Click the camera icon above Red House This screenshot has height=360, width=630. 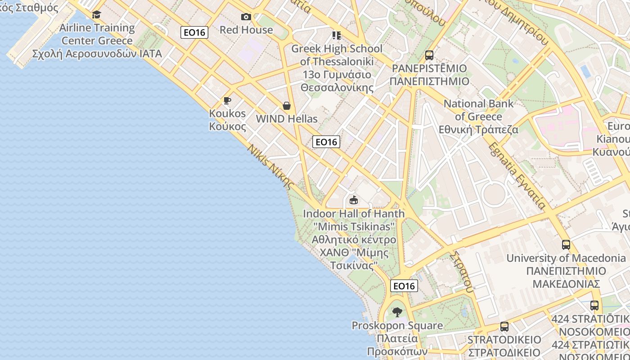(x=246, y=17)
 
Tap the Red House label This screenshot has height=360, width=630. (x=246, y=30)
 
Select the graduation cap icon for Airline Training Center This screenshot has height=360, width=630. (x=96, y=15)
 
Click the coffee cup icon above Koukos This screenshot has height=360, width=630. (x=227, y=100)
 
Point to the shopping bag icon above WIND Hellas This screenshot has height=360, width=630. (x=287, y=106)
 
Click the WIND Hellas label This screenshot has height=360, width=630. (x=287, y=119)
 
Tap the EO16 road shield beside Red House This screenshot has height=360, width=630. (x=194, y=32)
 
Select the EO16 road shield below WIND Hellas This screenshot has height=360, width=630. (x=326, y=142)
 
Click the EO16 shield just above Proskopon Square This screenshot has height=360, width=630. (x=404, y=286)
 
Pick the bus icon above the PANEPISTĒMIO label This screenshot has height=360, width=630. (x=429, y=55)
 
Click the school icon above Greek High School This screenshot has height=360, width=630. (x=337, y=35)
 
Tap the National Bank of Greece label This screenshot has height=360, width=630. (x=478, y=117)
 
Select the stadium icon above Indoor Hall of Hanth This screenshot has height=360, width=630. (x=354, y=200)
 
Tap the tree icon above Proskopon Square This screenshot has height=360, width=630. (x=397, y=312)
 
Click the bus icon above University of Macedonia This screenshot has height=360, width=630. (x=566, y=245)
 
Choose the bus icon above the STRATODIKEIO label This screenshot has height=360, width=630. (x=504, y=327)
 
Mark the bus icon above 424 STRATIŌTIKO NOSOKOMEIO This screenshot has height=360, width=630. (x=594, y=306)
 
